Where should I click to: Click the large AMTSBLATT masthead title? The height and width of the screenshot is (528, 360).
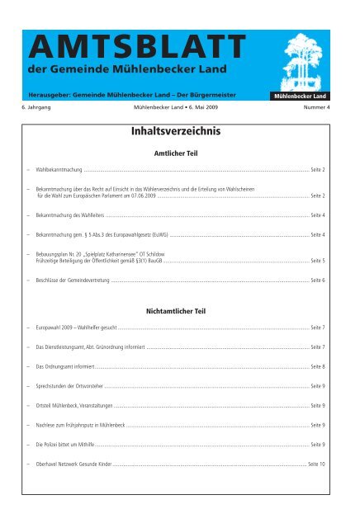pyautogui.click(x=136, y=42)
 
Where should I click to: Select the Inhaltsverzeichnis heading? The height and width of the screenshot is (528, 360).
pyautogui.click(x=179, y=130)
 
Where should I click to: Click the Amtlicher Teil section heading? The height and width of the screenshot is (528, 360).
pyautogui.click(x=179, y=153)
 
